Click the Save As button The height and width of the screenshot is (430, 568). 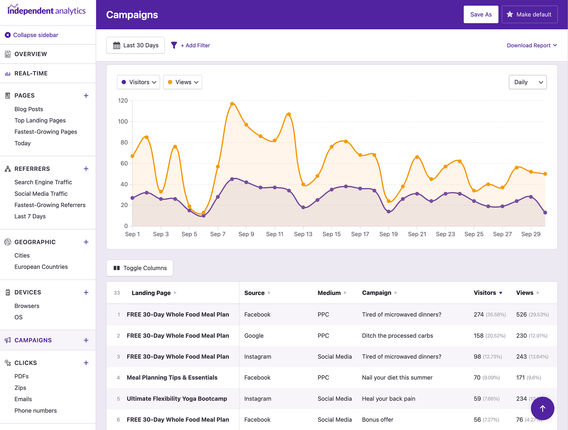point(481,14)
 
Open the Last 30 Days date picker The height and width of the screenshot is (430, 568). point(135,45)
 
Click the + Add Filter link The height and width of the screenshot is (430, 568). point(195,45)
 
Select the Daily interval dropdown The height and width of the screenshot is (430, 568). point(527,82)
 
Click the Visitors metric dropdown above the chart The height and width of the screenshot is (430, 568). point(138,82)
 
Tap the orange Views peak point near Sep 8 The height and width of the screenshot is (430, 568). point(232,104)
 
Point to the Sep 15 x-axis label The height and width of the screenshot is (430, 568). point(331,234)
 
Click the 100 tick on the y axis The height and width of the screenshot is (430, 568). point(123,122)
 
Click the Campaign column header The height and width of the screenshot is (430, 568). point(377,293)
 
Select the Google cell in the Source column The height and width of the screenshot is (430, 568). point(254,336)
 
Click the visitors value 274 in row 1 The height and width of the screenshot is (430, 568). point(478,314)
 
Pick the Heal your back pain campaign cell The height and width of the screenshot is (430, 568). point(388,399)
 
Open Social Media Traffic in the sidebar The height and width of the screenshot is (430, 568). point(41,194)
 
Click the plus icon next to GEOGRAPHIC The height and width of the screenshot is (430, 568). point(86,242)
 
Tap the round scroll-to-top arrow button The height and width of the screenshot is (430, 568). point(542,408)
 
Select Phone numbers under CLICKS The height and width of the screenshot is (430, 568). point(35,410)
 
